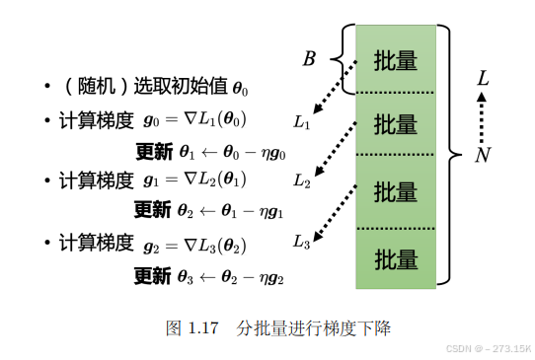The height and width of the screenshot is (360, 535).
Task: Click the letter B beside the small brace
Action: [308, 59]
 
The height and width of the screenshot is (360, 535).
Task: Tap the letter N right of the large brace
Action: [482, 155]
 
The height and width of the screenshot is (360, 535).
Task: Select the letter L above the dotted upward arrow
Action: [482, 77]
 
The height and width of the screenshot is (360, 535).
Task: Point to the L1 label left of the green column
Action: [302, 123]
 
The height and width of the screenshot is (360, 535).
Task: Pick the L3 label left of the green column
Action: [302, 241]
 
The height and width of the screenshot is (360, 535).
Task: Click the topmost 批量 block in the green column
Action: [395, 60]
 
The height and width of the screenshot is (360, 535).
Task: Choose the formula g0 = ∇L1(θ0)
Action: [195, 120]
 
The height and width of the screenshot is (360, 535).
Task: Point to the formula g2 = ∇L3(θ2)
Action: [195, 243]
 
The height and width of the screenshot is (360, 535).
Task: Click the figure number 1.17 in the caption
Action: [201, 327]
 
